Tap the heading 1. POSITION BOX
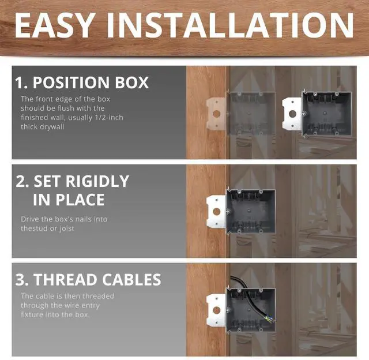coord(82,82)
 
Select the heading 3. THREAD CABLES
coord(88,280)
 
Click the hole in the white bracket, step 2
coord(217,212)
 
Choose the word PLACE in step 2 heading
coord(81,200)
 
